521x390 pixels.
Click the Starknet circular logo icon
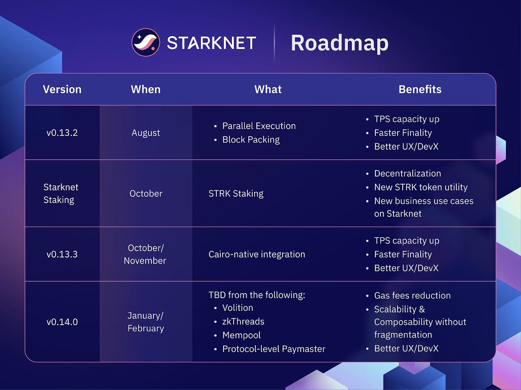click(146, 42)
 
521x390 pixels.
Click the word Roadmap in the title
click(340, 43)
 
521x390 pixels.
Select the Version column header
click(62, 89)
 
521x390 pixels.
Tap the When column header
click(146, 89)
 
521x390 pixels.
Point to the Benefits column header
click(420, 89)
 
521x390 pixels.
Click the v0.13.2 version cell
click(62, 133)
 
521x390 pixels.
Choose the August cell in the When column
click(146, 133)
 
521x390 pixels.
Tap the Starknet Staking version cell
click(61, 194)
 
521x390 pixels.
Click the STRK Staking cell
click(236, 194)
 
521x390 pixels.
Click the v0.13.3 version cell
click(62, 254)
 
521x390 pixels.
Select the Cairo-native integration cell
click(257, 254)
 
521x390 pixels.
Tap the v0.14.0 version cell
click(62, 322)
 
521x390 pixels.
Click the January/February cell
click(146, 322)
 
